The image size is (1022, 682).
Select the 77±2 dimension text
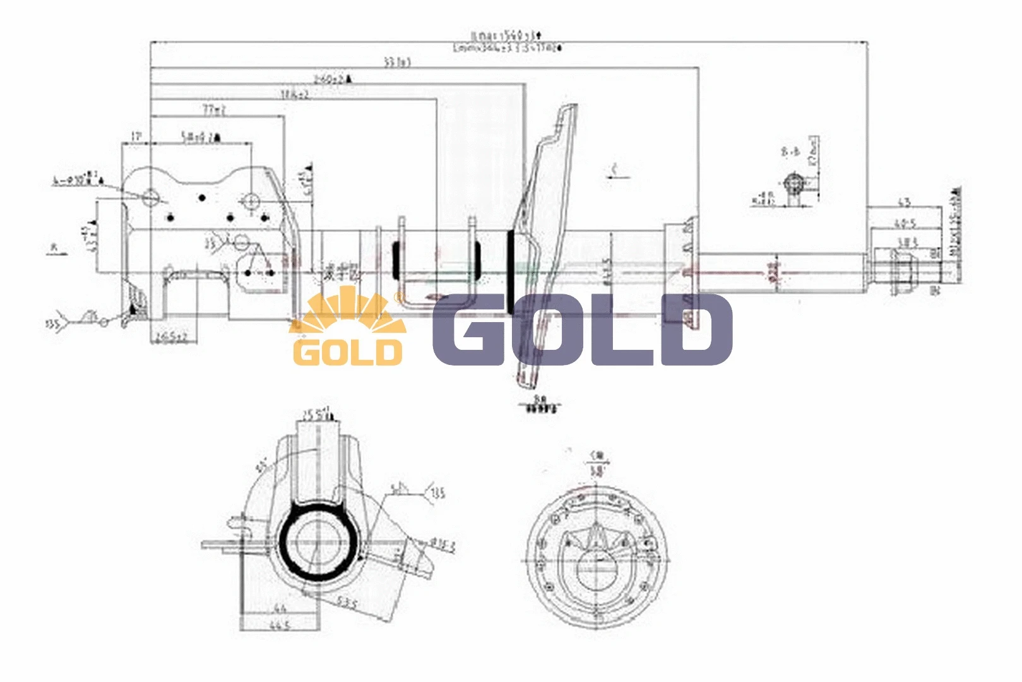tap(214, 110)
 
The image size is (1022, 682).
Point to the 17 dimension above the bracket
tap(136, 136)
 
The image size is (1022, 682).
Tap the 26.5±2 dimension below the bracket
tap(172, 338)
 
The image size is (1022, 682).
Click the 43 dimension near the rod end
tap(904, 202)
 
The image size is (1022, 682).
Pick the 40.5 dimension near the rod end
tap(905, 224)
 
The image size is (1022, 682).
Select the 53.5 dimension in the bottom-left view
tap(347, 604)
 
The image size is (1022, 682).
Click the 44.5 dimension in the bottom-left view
tap(280, 625)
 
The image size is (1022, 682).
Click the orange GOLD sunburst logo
tap(347, 328)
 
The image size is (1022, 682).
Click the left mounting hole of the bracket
tap(151, 197)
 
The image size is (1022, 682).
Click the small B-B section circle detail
tap(793, 184)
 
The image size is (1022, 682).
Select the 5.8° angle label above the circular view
tap(596, 471)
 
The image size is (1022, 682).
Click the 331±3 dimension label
tap(397, 62)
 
